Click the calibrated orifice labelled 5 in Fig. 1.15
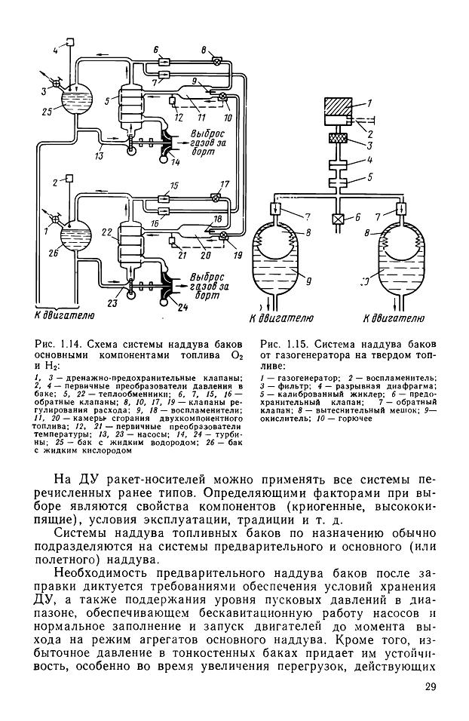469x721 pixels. tap(335, 182)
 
